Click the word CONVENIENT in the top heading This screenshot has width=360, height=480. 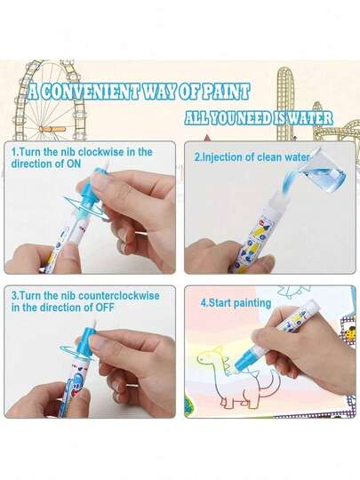tap(90, 92)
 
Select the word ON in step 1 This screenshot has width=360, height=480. tap(74, 164)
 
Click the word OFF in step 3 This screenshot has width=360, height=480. tap(105, 307)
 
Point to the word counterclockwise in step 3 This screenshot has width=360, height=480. tap(119, 296)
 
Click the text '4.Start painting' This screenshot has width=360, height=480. tap(236, 303)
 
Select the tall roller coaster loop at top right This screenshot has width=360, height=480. tap(285, 104)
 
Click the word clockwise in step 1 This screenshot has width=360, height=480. tap(101, 152)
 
